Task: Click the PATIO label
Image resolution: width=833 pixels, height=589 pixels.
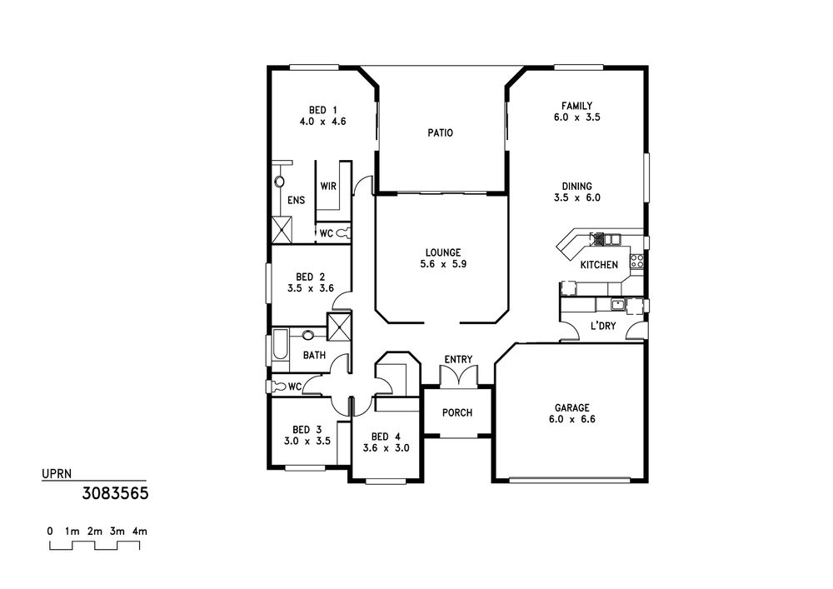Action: [x=441, y=132]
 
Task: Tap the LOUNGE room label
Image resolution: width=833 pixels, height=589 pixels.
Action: [x=443, y=252]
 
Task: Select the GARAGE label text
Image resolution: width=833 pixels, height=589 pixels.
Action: [x=572, y=408]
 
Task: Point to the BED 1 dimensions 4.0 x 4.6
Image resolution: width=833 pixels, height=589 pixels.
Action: [x=322, y=122]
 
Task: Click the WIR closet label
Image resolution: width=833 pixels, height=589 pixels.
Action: [x=328, y=187]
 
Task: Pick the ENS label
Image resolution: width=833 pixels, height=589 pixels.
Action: [x=297, y=200]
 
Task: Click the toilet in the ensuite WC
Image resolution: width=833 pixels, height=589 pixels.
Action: [x=343, y=232]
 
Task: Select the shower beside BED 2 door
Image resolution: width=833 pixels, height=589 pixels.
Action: [x=339, y=327]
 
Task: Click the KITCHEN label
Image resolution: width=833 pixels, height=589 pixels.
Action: [x=599, y=265]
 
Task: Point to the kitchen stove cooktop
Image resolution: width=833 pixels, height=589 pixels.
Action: [x=637, y=261]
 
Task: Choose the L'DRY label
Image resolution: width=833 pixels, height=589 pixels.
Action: [x=603, y=326]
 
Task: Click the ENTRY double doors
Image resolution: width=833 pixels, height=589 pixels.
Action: [x=459, y=376]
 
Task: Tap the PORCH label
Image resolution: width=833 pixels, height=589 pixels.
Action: [x=457, y=412]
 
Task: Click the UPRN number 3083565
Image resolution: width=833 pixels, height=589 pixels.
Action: [x=115, y=493]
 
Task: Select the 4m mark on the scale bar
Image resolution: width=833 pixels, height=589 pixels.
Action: [x=140, y=532]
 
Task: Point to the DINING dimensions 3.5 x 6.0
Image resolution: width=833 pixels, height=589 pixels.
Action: [x=577, y=197]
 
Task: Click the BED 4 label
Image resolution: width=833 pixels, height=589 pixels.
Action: [x=387, y=437]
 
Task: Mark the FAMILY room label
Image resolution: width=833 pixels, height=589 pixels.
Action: [x=577, y=106]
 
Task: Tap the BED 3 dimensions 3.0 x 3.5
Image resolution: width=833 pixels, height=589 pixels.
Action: [x=307, y=441]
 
